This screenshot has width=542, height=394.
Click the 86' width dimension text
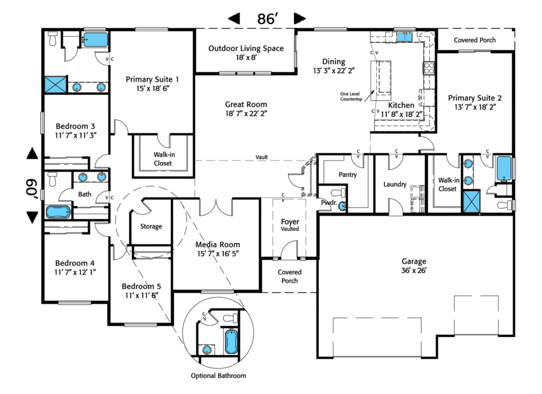coord(268,19)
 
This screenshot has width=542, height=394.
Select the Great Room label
coord(246,109)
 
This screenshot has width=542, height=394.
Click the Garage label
coord(414,265)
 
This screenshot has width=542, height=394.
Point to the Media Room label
coord(218,248)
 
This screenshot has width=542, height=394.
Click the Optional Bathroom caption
coord(219,375)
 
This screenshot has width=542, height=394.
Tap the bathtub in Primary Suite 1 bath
coord(95,39)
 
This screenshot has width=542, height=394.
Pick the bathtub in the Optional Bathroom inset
coord(231,342)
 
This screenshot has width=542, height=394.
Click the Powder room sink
coord(343,205)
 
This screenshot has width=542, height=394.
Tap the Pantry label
coord(348,175)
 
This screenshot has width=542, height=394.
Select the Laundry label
coord(395,184)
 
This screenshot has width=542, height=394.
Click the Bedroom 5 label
coord(141,290)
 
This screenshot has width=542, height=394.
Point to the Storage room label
coord(151,226)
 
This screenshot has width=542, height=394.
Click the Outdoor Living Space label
coord(246,52)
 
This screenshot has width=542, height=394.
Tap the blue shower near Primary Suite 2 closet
coord(471,202)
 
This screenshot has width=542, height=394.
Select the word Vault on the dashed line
coord(261,157)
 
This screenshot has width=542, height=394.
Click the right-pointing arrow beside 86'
coord(300,19)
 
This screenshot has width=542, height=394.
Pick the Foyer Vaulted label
coord(290,225)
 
